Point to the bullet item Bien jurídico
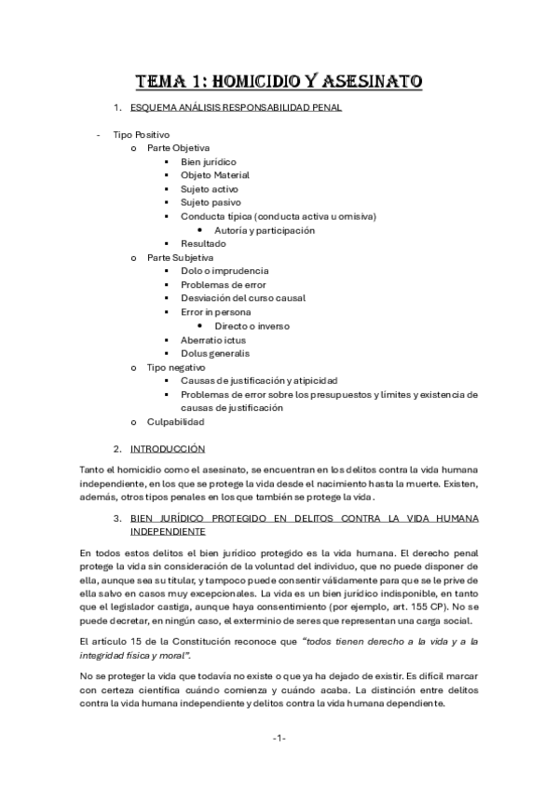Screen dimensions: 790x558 (209, 161)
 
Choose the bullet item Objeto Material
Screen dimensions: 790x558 (215, 175)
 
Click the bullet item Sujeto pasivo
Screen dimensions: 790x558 (211, 202)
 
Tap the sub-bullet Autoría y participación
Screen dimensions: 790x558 (265, 230)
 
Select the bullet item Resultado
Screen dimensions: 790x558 (203, 244)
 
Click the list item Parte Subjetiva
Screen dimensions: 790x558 (180, 257)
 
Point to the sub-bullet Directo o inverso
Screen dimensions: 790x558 (252, 326)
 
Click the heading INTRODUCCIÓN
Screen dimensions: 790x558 (168, 449)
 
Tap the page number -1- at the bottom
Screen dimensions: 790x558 (279, 738)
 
